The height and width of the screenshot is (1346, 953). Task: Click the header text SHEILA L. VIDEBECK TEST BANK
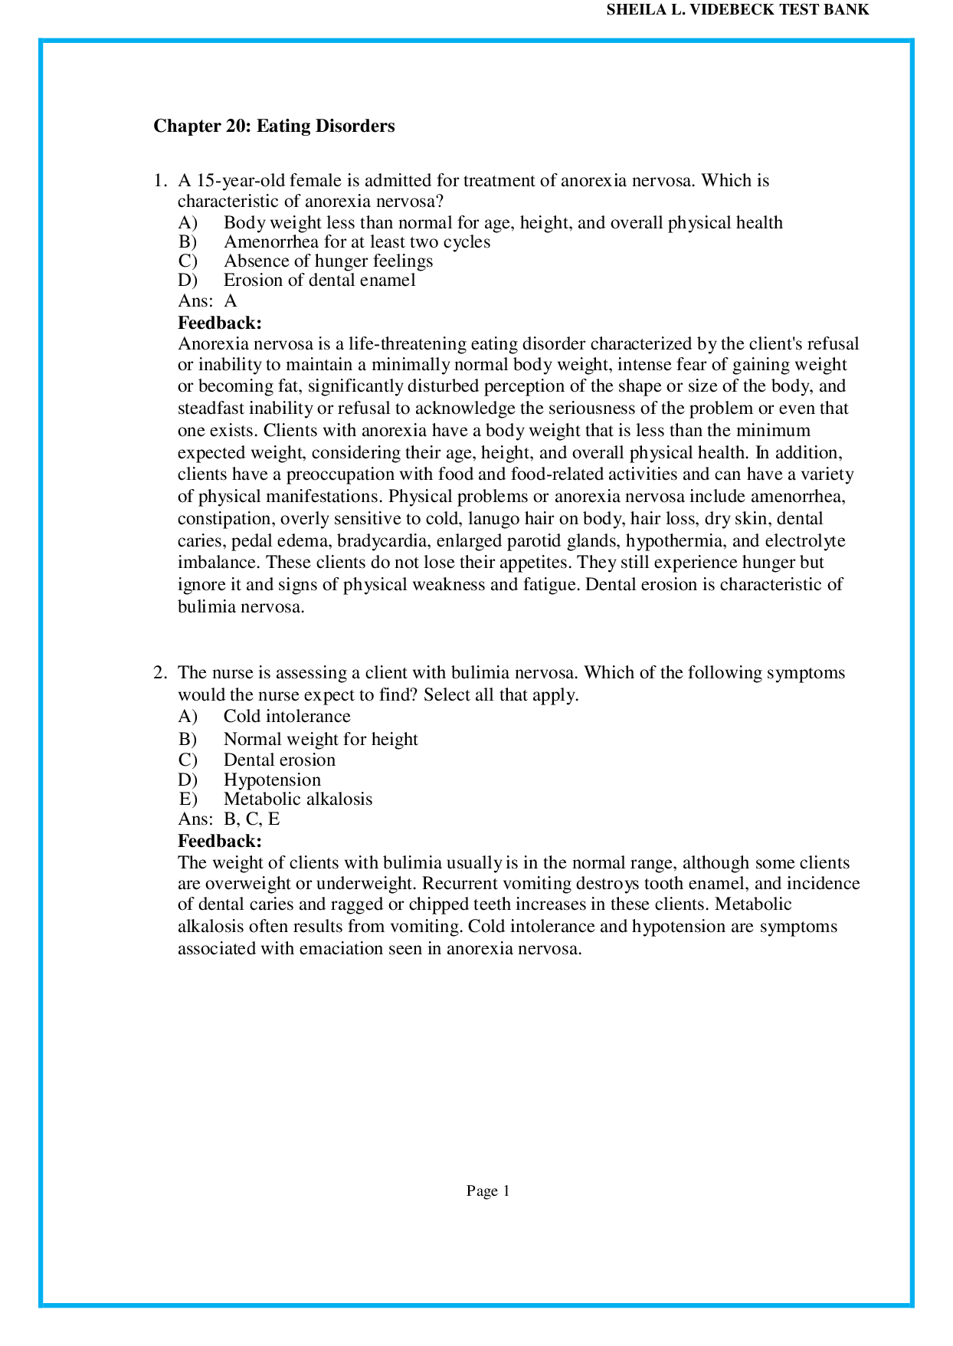(737, 11)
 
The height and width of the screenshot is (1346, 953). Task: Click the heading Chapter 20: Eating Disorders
(273, 126)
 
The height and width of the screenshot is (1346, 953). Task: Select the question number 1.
(159, 181)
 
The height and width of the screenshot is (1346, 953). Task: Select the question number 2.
(159, 673)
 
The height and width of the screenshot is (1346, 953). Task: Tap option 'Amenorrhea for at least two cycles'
(356, 242)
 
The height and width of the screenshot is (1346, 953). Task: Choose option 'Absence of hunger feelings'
(328, 261)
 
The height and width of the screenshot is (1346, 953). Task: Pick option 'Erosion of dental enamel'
(319, 281)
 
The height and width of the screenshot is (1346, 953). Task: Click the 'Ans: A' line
(207, 301)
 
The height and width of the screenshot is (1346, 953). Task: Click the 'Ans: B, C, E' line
(228, 819)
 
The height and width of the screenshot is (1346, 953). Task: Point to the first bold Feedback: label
(219, 323)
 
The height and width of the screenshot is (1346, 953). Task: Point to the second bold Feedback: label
(219, 841)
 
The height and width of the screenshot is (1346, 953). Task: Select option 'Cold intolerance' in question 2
(287, 717)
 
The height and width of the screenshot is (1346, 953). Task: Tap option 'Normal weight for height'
(320, 740)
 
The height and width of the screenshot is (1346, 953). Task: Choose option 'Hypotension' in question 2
(272, 780)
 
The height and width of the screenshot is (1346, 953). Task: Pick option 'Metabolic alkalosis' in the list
(297, 799)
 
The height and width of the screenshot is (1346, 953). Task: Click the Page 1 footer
(488, 1191)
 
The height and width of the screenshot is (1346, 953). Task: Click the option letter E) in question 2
(188, 799)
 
